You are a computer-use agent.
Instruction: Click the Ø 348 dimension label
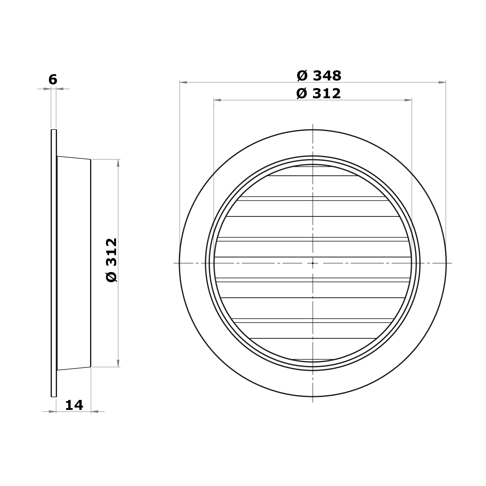click(x=319, y=76)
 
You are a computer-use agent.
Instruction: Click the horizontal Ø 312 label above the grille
click(x=318, y=94)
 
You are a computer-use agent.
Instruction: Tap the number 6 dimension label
click(x=53, y=80)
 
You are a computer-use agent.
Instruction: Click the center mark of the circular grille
click(x=313, y=263)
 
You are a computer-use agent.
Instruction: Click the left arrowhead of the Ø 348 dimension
click(x=183, y=82)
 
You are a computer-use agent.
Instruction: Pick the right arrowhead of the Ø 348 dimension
click(x=442, y=82)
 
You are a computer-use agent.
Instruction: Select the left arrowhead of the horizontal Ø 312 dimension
click(x=217, y=100)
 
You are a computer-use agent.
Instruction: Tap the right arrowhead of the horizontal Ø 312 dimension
click(x=408, y=100)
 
